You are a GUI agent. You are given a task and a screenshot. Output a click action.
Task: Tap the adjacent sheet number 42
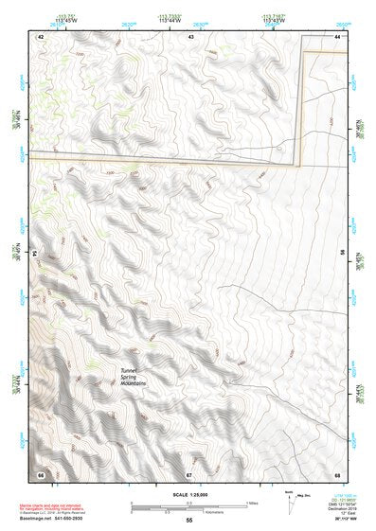pos(41,36)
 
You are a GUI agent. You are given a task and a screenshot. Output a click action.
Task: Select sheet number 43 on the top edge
pos(191,36)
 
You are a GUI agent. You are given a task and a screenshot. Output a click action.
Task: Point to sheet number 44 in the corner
pos(338,36)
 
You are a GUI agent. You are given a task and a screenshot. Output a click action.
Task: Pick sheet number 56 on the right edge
pos(342,254)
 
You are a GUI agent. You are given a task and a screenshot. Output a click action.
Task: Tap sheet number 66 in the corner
pos(41,473)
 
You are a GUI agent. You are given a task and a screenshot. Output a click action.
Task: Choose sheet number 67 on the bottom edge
pos(189,473)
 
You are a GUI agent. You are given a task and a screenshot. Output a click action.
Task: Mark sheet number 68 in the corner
pos(338,473)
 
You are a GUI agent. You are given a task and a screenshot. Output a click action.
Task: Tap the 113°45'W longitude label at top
pos(67,20)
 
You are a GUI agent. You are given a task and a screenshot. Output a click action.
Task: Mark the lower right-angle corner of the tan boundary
pos(301,162)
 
